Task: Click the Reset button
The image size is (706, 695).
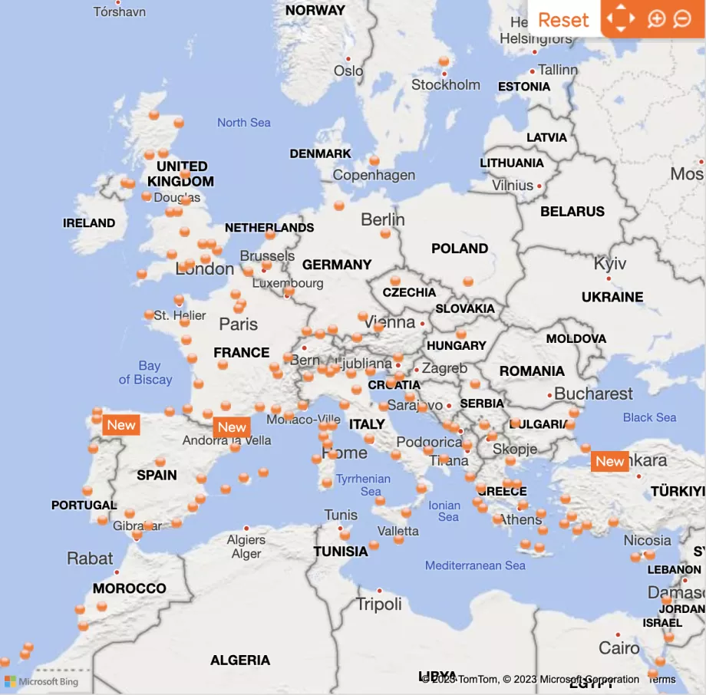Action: [x=563, y=20]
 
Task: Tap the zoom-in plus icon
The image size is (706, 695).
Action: [x=656, y=19]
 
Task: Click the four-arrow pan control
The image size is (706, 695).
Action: [x=620, y=19]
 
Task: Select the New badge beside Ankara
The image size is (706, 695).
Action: [x=610, y=461]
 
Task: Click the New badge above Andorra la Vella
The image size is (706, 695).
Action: [x=232, y=427]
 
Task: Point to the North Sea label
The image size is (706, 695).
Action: [x=243, y=123]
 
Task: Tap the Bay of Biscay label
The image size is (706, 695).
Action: [x=145, y=373]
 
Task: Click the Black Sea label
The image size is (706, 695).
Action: [x=649, y=417]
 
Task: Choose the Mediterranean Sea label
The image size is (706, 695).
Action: [x=475, y=565]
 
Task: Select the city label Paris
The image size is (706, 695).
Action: [x=238, y=324]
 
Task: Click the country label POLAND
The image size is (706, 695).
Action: [x=460, y=249]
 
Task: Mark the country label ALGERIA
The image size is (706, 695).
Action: [x=240, y=660]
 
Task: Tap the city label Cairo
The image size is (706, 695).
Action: [x=619, y=648]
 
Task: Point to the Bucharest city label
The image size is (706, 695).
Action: [x=593, y=394]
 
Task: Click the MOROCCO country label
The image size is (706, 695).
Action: [x=129, y=588]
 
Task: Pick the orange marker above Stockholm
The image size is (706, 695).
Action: [x=444, y=61]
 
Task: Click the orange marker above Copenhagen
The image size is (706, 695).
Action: [x=374, y=161]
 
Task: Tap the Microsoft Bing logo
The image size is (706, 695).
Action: [x=41, y=681]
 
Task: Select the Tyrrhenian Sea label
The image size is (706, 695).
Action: [x=363, y=485]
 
